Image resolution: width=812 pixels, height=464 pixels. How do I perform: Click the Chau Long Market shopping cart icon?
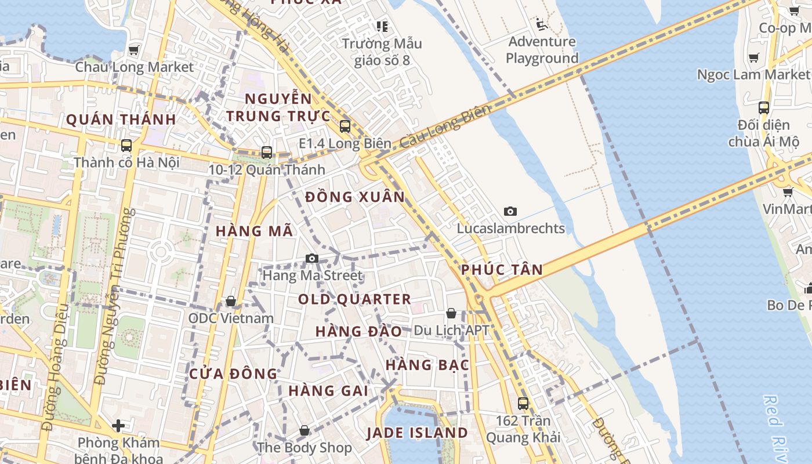(134, 50)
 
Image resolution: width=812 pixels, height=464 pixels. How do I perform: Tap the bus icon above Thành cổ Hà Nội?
(126, 146)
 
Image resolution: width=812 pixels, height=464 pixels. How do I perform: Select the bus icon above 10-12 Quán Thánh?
(267, 153)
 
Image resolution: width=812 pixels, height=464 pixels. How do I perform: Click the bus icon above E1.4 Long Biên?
(345, 126)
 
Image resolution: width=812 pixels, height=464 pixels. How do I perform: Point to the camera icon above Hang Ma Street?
(312, 258)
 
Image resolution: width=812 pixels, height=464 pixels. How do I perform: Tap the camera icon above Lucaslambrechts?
(510, 211)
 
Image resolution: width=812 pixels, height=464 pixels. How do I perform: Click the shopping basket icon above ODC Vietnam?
(231, 302)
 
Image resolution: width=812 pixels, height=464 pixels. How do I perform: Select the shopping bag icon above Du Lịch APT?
(451, 314)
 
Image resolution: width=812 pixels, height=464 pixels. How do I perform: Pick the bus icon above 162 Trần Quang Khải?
(523, 403)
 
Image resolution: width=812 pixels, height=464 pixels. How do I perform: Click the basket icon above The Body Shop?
(304, 430)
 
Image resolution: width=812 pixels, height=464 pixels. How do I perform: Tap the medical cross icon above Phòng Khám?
(118, 426)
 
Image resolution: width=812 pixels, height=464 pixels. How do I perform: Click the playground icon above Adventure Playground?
(541, 24)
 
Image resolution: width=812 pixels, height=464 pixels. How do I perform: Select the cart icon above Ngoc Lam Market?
(753, 57)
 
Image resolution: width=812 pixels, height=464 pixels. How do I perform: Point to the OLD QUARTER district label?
(354, 299)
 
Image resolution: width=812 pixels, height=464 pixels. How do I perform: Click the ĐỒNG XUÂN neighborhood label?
(355, 197)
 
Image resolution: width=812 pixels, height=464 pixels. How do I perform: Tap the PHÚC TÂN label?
(502, 269)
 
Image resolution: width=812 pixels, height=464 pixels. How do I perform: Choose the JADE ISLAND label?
(418, 433)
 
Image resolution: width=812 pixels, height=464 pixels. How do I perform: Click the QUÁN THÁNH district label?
(121, 119)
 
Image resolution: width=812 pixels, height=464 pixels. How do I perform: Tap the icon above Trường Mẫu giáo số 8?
(382, 26)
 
